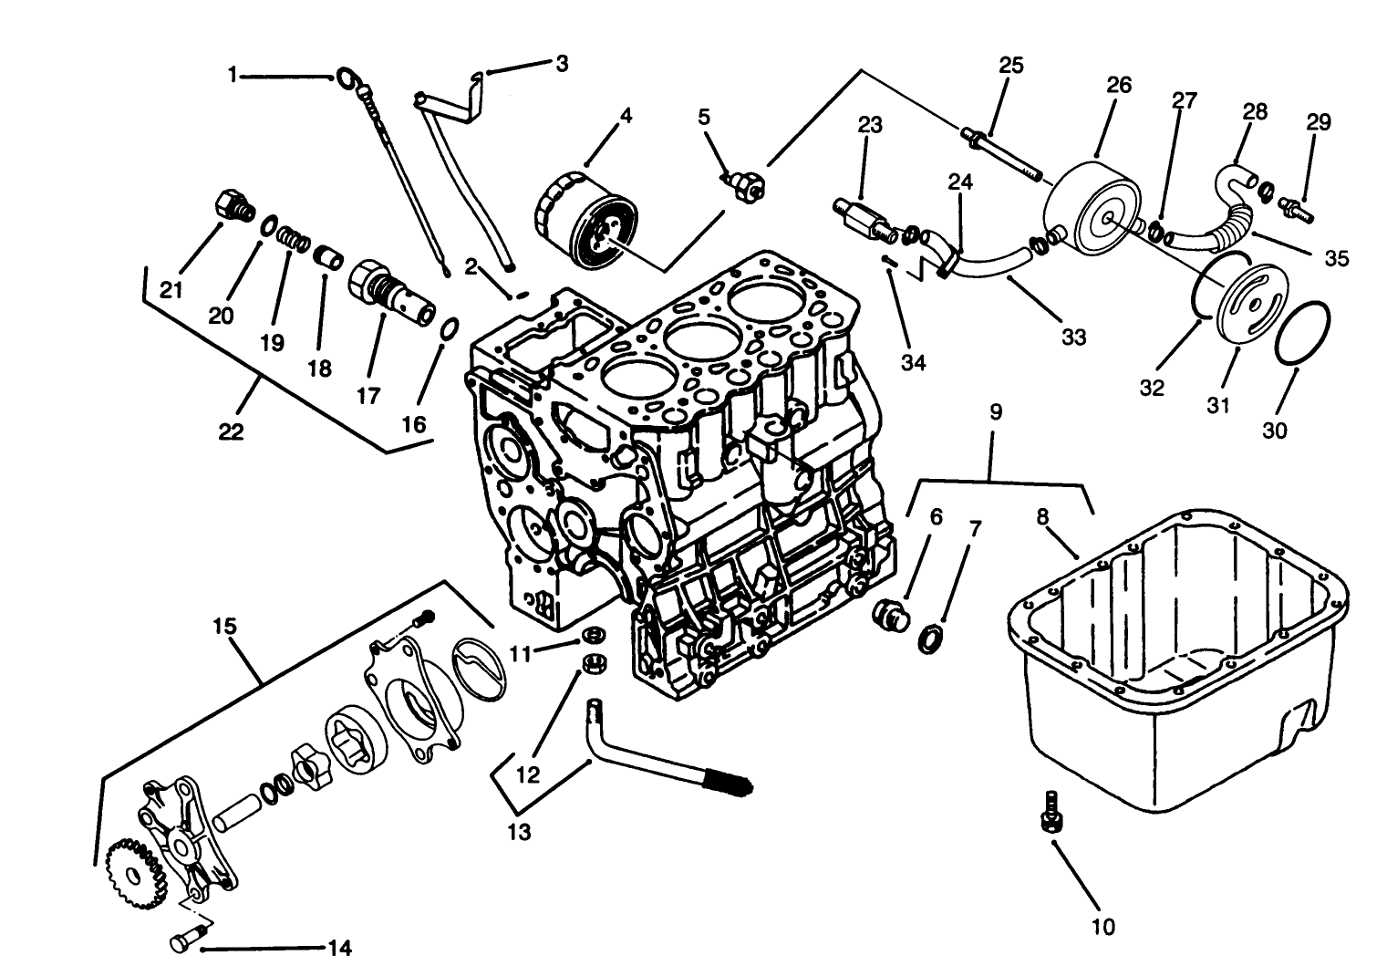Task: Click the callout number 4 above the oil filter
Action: coord(625,116)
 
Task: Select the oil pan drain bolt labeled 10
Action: coord(1050,811)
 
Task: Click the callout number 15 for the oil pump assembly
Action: coord(224,627)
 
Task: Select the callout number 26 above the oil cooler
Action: coord(1119,85)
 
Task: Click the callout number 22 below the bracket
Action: coord(231,431)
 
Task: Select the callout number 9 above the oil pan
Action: coord(996,412)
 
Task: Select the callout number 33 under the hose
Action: coord(1074,337)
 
